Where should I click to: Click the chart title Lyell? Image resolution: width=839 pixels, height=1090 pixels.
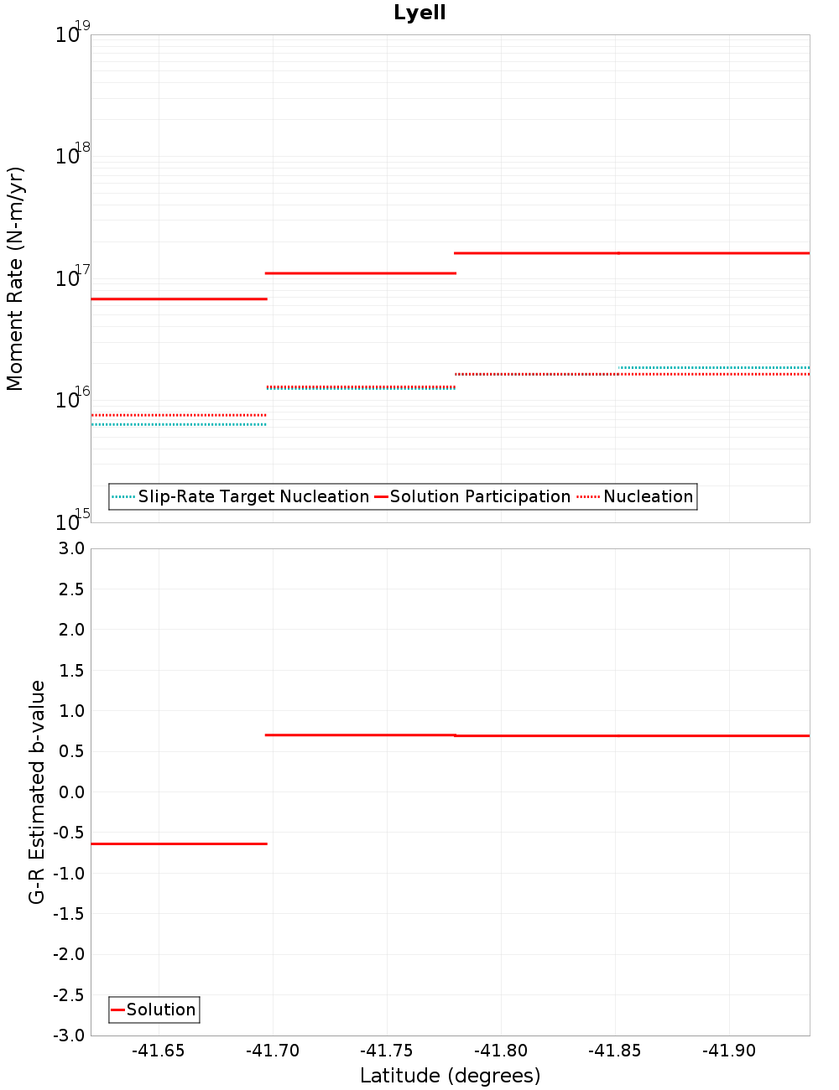click(419, 13)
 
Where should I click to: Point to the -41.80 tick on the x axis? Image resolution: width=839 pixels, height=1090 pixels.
click(501, 1051)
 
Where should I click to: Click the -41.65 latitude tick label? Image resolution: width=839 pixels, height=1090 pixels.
click(159, 1051)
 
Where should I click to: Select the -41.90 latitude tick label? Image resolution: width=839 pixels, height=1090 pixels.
click(729, 1051)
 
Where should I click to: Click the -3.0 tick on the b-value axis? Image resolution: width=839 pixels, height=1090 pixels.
click(69, 1035)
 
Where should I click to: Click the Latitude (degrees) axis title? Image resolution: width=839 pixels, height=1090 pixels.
click(450, 1076)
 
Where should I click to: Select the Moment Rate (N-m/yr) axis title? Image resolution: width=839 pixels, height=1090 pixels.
click(15, 278)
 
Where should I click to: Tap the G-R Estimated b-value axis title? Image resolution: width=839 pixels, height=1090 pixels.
click(37, 792)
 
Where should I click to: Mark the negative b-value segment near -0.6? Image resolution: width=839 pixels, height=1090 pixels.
click(179, 843)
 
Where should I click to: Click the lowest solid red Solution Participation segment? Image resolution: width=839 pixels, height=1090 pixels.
click(179, 298)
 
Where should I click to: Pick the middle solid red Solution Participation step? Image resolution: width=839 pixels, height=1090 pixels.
click(361, 273)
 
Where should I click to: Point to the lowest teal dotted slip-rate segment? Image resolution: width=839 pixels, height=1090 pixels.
click(179, 424)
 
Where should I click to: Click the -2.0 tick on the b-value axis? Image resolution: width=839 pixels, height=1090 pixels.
click(69, 954)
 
